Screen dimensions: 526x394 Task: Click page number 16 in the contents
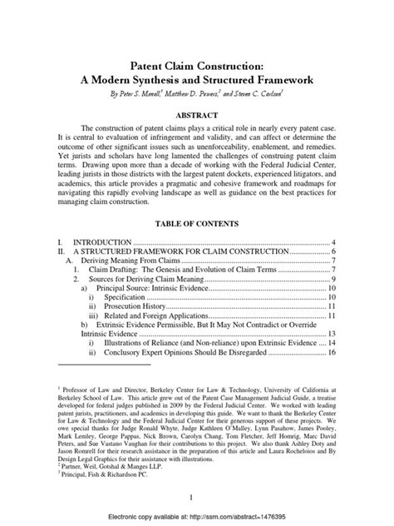(330, 352)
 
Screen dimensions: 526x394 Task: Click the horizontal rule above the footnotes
(104, 365)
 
